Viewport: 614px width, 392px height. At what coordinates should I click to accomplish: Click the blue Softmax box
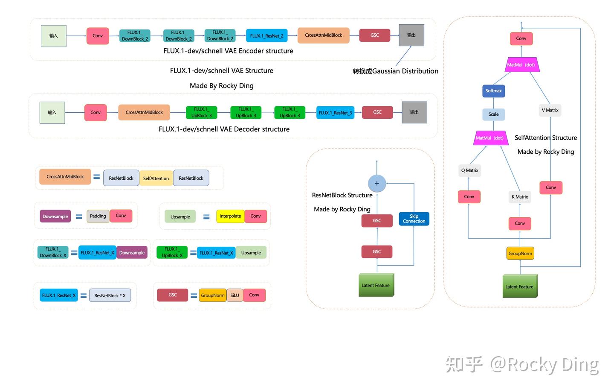pos(493,91)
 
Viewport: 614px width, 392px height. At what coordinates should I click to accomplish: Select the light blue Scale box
pos(493,114)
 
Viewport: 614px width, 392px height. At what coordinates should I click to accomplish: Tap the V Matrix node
pos(550,110)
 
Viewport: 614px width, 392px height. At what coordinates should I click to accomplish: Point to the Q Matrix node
pos(469,170)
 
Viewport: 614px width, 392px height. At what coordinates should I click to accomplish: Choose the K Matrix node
pos(520,197)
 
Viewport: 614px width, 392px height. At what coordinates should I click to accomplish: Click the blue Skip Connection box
pos(414,219)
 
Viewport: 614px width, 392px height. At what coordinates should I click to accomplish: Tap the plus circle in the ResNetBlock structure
pos(377,183)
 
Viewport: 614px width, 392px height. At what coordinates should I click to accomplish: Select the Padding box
pos(98,216)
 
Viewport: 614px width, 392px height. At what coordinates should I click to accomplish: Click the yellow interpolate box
pos(230,216)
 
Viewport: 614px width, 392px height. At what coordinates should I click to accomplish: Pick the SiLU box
pos(235,295)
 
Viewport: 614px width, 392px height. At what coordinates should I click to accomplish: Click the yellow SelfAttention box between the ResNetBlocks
pos(156,178)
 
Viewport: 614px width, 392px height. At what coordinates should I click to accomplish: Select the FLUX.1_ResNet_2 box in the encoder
pos(266,36)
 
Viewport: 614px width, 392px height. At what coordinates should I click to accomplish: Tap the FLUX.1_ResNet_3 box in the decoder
pos(335,113)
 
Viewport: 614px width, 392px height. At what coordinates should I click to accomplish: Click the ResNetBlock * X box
pos(110,295)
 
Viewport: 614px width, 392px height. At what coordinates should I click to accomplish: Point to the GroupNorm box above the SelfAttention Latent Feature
pos(520,253)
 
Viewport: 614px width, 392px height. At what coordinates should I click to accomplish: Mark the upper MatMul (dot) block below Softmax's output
pos(521,65)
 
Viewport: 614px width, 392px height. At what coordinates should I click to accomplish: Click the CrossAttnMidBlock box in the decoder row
pos(144,112)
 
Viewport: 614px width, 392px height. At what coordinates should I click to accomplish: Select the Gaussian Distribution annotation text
pos(395,71)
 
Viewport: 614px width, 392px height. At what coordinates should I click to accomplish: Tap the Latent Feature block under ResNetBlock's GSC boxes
pos(376,285)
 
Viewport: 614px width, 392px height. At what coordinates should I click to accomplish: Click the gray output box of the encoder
pos(411,35)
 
